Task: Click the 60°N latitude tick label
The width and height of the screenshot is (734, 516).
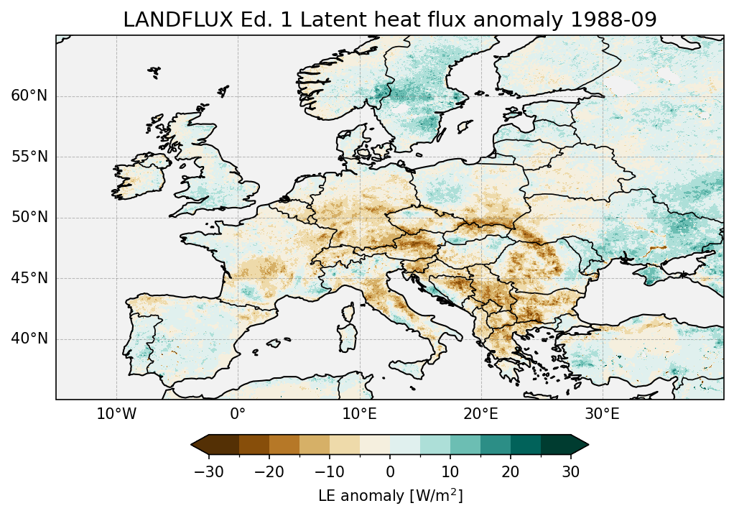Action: [29, 96]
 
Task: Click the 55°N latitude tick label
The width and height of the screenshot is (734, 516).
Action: [29, 157]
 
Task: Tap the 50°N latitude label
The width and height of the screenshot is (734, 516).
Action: [29, 218]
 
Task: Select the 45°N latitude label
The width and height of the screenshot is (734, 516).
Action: [29, 278]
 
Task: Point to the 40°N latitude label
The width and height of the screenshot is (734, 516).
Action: [29, 338]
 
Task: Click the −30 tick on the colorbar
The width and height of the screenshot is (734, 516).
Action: [208, 471]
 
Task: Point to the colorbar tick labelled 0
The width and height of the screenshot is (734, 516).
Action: [390, 471]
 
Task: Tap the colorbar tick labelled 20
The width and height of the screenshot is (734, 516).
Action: [511, 471]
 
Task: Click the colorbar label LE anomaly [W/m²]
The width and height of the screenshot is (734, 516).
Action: [390, 496]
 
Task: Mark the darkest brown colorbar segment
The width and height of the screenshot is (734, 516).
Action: [224, 445]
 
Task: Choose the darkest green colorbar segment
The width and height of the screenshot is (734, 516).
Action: [556, 445]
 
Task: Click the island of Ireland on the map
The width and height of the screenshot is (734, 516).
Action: [141, 176]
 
